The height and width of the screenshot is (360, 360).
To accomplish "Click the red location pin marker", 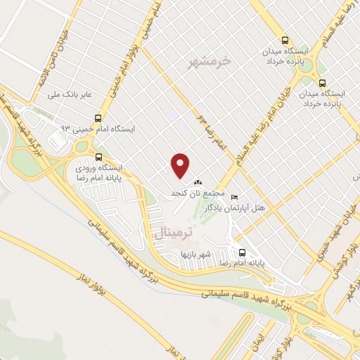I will pos(181,165).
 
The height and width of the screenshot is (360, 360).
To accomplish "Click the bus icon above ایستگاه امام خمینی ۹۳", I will pos(98,119).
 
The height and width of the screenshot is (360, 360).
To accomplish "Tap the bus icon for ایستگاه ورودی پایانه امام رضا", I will pos(98,157).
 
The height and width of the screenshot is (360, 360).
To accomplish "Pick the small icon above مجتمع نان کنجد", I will pos(198,184).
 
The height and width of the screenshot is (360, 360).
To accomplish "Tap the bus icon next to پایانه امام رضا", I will pos(241,252).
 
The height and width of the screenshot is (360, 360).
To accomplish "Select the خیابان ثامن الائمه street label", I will pos(37,64).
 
